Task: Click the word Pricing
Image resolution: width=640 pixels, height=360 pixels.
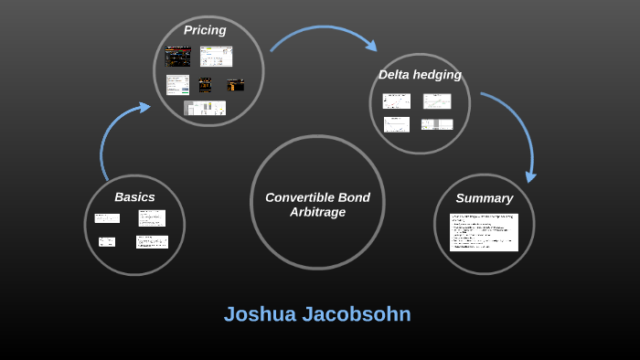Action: click(x=205, y=30)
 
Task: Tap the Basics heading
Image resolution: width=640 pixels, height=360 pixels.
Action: click(x=134, y=196)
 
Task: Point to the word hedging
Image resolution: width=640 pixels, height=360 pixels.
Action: click(x=441, y=74)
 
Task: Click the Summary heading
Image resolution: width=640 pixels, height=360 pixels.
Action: click(x=484, y=198)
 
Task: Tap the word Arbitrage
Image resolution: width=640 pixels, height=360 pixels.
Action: click(x=317, y=212)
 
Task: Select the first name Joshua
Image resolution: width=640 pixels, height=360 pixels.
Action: click(x=260, y=314)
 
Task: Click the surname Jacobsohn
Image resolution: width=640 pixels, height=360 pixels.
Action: click(x=357, y=314)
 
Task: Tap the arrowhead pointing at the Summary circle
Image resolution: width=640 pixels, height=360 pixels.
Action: click(x=530, y=175)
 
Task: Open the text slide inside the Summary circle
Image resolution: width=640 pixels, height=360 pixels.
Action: click(x=484, y=232)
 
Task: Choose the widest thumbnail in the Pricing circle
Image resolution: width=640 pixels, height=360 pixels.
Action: click(x=205, y=108)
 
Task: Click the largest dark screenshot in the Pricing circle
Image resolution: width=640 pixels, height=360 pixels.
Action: click(x=177, y=57)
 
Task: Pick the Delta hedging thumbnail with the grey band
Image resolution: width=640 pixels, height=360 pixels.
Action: click(x=437, y=124)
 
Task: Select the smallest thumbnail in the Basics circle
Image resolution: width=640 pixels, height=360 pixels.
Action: click(x=107, y=242)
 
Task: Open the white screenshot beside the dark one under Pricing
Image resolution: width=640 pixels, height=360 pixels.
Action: click(x=217, y=57)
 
